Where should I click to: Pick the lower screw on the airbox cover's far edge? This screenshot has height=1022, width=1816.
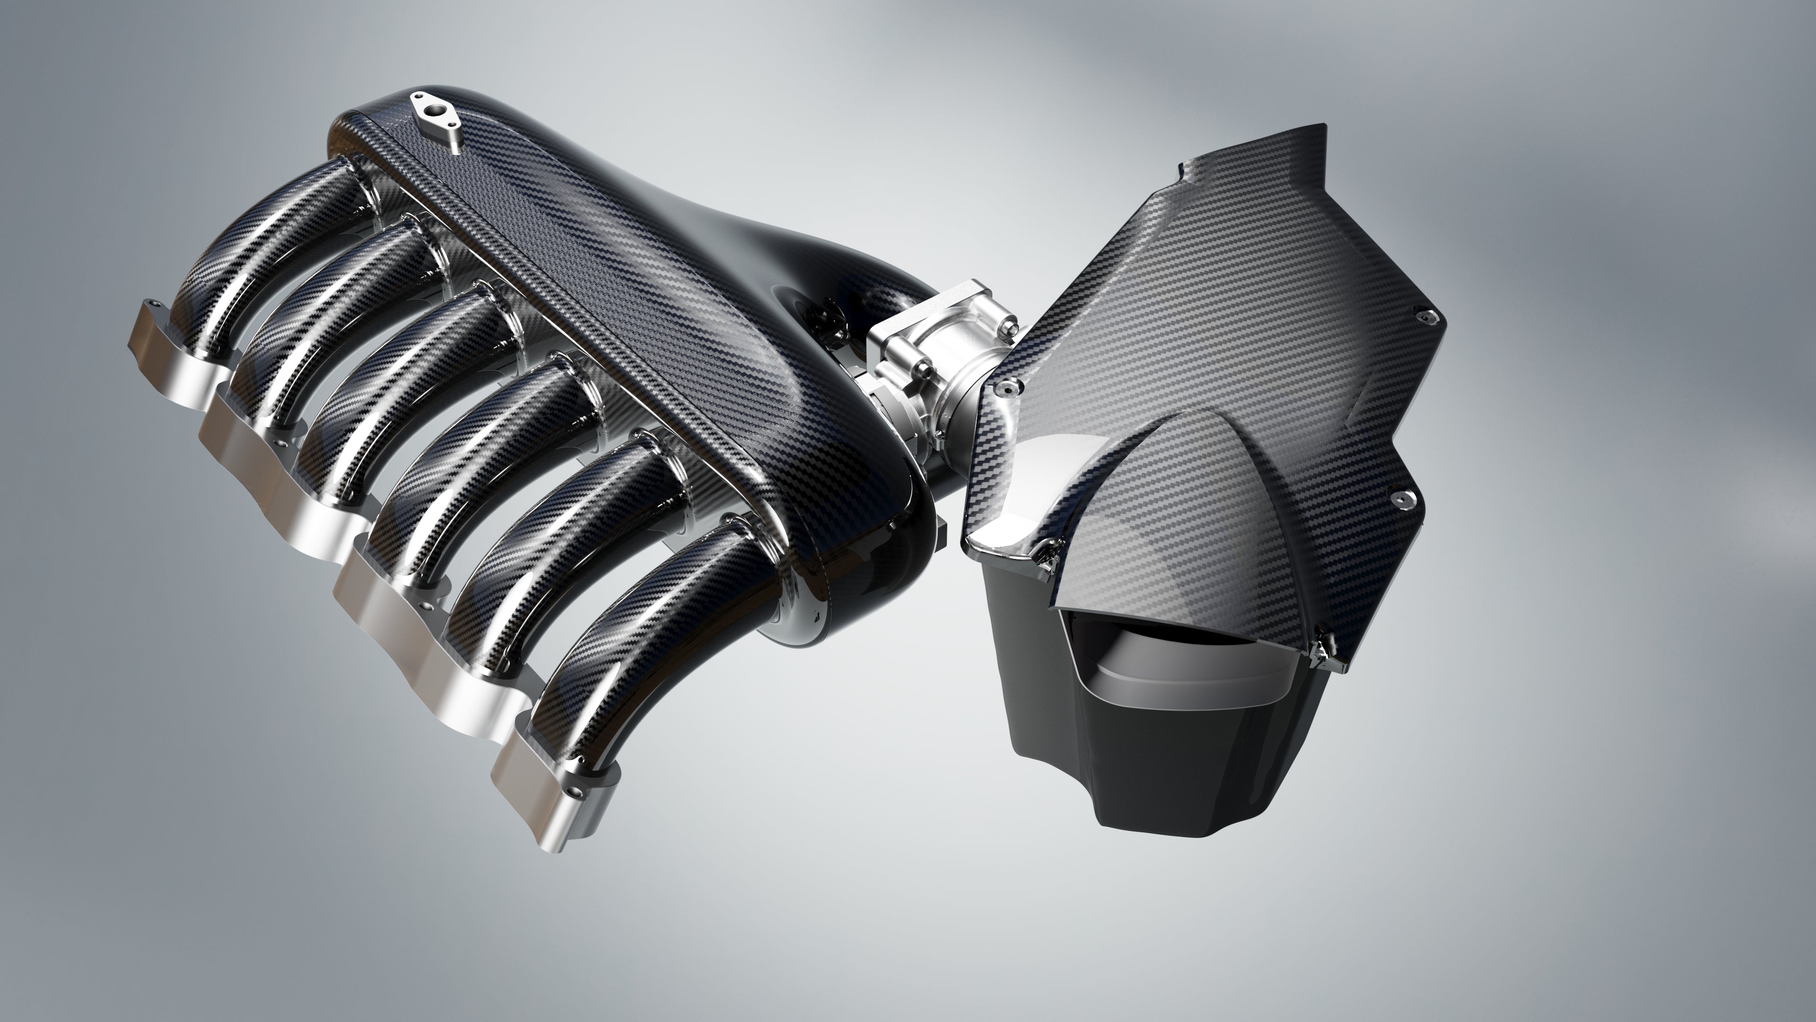click(x=1399, y=499)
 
